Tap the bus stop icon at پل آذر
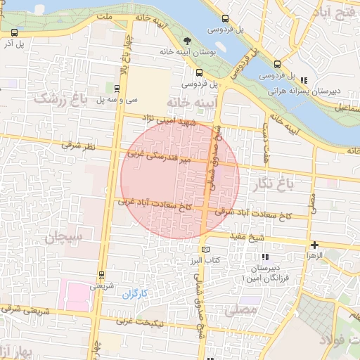click(x=15, y=32)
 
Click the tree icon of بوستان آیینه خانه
click(x=186, y=41)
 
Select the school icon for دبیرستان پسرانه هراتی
click(x=304, y=79)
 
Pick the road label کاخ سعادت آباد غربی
click(x=155, y=205)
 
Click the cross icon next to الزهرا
click(x=314, y=245)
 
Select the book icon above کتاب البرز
click(x=205, y=249)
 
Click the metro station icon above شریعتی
click(x=102, y=275)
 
